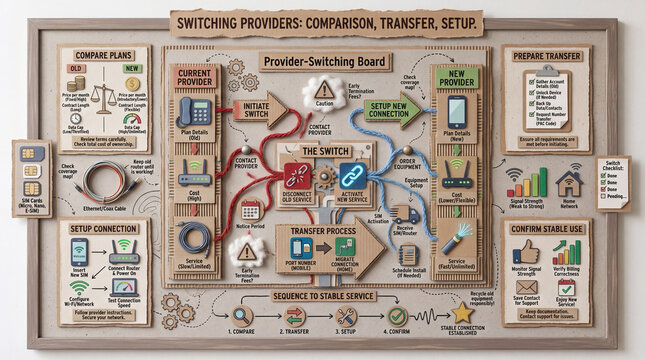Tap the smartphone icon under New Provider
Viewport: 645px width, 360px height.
(456, 109)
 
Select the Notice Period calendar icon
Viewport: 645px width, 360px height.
(250, 209)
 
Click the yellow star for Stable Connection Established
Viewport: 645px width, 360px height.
(463, 314)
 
